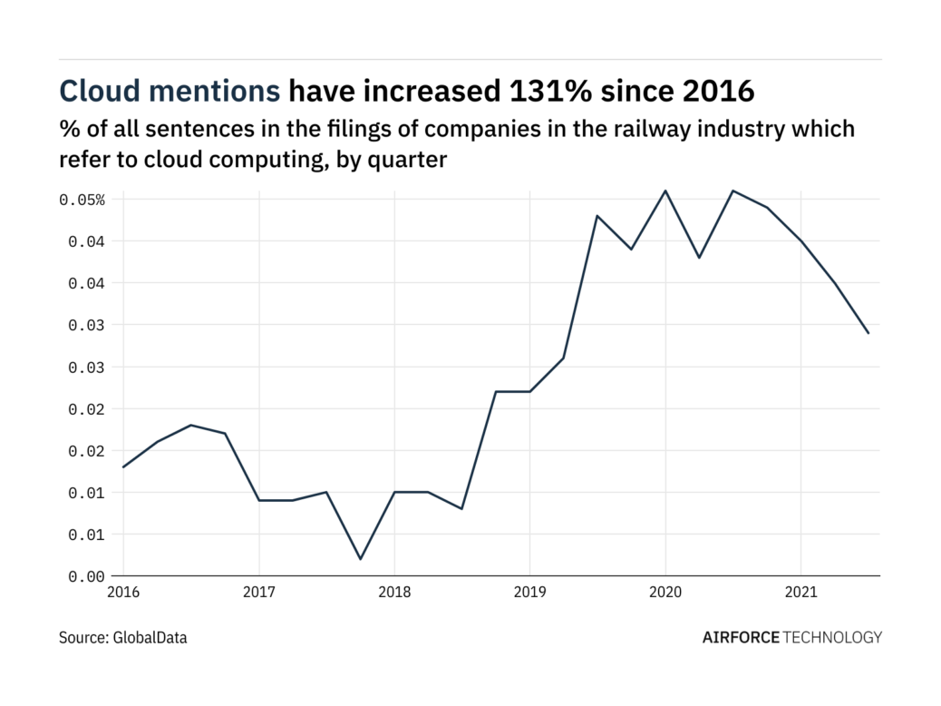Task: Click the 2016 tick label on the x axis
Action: pos(123,593)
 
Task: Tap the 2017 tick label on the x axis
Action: pos(259,593)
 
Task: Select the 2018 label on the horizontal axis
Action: pos(394,593)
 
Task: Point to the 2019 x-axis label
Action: pos(530,593)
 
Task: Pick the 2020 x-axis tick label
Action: pos(665,593)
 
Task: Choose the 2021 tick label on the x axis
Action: pos(800,593)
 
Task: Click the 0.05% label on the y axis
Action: pos(82,200)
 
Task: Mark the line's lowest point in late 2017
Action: pos(360,559)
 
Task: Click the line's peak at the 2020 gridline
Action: pos(665,191)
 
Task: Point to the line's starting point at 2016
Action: pos(123,467)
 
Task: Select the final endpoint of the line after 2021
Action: pos(868,333)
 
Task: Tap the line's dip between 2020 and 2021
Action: pos(699,258)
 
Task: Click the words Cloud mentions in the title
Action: pos(170,91)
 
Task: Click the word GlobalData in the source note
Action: pos(150,638)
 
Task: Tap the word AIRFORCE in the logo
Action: pos(741,637)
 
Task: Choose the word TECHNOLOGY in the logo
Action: pos(832,637)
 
